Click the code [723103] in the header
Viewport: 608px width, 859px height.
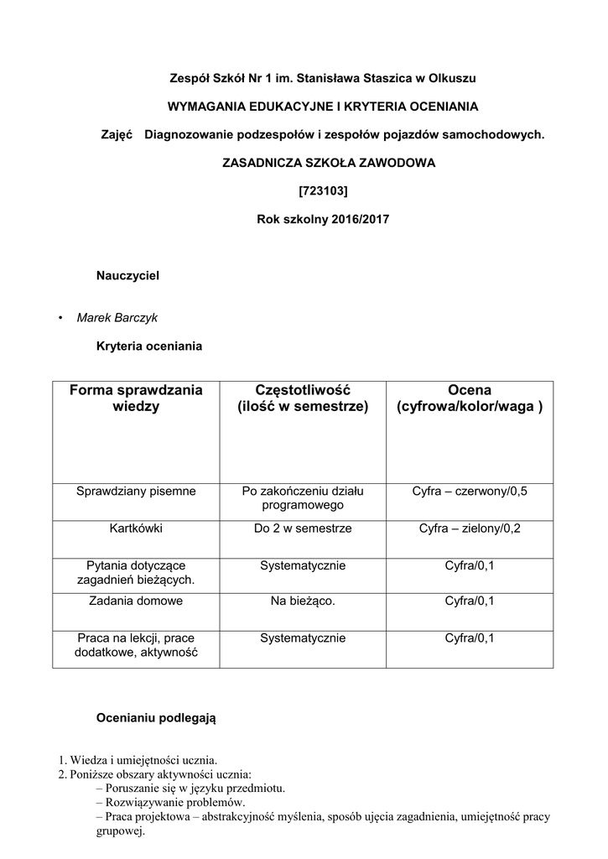[323, 190]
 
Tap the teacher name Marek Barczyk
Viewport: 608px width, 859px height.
[117, 318]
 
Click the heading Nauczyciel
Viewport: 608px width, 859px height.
[127, 274]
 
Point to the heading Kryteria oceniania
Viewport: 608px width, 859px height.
[149, 345]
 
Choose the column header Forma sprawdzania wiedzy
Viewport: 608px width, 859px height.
[136, 398]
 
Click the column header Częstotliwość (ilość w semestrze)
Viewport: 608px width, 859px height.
[303, 398]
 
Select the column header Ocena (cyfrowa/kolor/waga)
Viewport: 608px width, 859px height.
[470, 398]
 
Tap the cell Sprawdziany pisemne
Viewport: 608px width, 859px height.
[136, 491]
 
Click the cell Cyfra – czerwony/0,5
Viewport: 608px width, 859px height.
[470, 491]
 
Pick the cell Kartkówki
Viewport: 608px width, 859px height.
[136, 528]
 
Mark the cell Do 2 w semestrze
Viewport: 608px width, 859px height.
[303, 528]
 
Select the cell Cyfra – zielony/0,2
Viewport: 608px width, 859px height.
[470, 528]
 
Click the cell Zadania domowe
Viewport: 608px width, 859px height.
[136, 601]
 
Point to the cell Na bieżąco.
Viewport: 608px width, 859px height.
[303, 601]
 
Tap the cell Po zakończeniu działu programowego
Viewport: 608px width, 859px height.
[303, 498]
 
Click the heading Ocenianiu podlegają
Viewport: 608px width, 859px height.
[156, 718]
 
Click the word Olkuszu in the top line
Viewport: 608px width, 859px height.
[454, 78]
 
